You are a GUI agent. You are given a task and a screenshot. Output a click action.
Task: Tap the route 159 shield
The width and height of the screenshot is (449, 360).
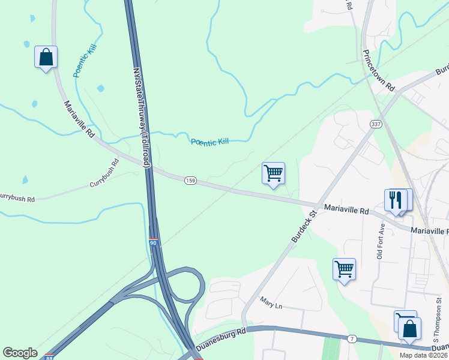(x=190, y=181)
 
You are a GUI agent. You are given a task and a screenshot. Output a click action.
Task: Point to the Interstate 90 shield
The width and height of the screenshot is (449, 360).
(x=153, y=243)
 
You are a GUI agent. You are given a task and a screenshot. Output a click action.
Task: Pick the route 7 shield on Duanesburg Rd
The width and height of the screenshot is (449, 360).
(x=352, y=340)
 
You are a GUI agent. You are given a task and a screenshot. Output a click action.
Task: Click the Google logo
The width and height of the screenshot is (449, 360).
(x=20, y=353)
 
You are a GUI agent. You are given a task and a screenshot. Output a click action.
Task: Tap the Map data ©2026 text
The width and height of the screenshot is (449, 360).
(x=423, y=355)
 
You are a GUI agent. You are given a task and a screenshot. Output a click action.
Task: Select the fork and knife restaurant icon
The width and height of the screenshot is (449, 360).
(x=395, y=199)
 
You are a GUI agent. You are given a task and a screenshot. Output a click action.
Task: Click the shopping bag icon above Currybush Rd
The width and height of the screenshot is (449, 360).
(x=46, y=58)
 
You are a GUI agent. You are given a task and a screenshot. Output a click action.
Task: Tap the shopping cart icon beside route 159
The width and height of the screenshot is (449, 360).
(x=273, y=173)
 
